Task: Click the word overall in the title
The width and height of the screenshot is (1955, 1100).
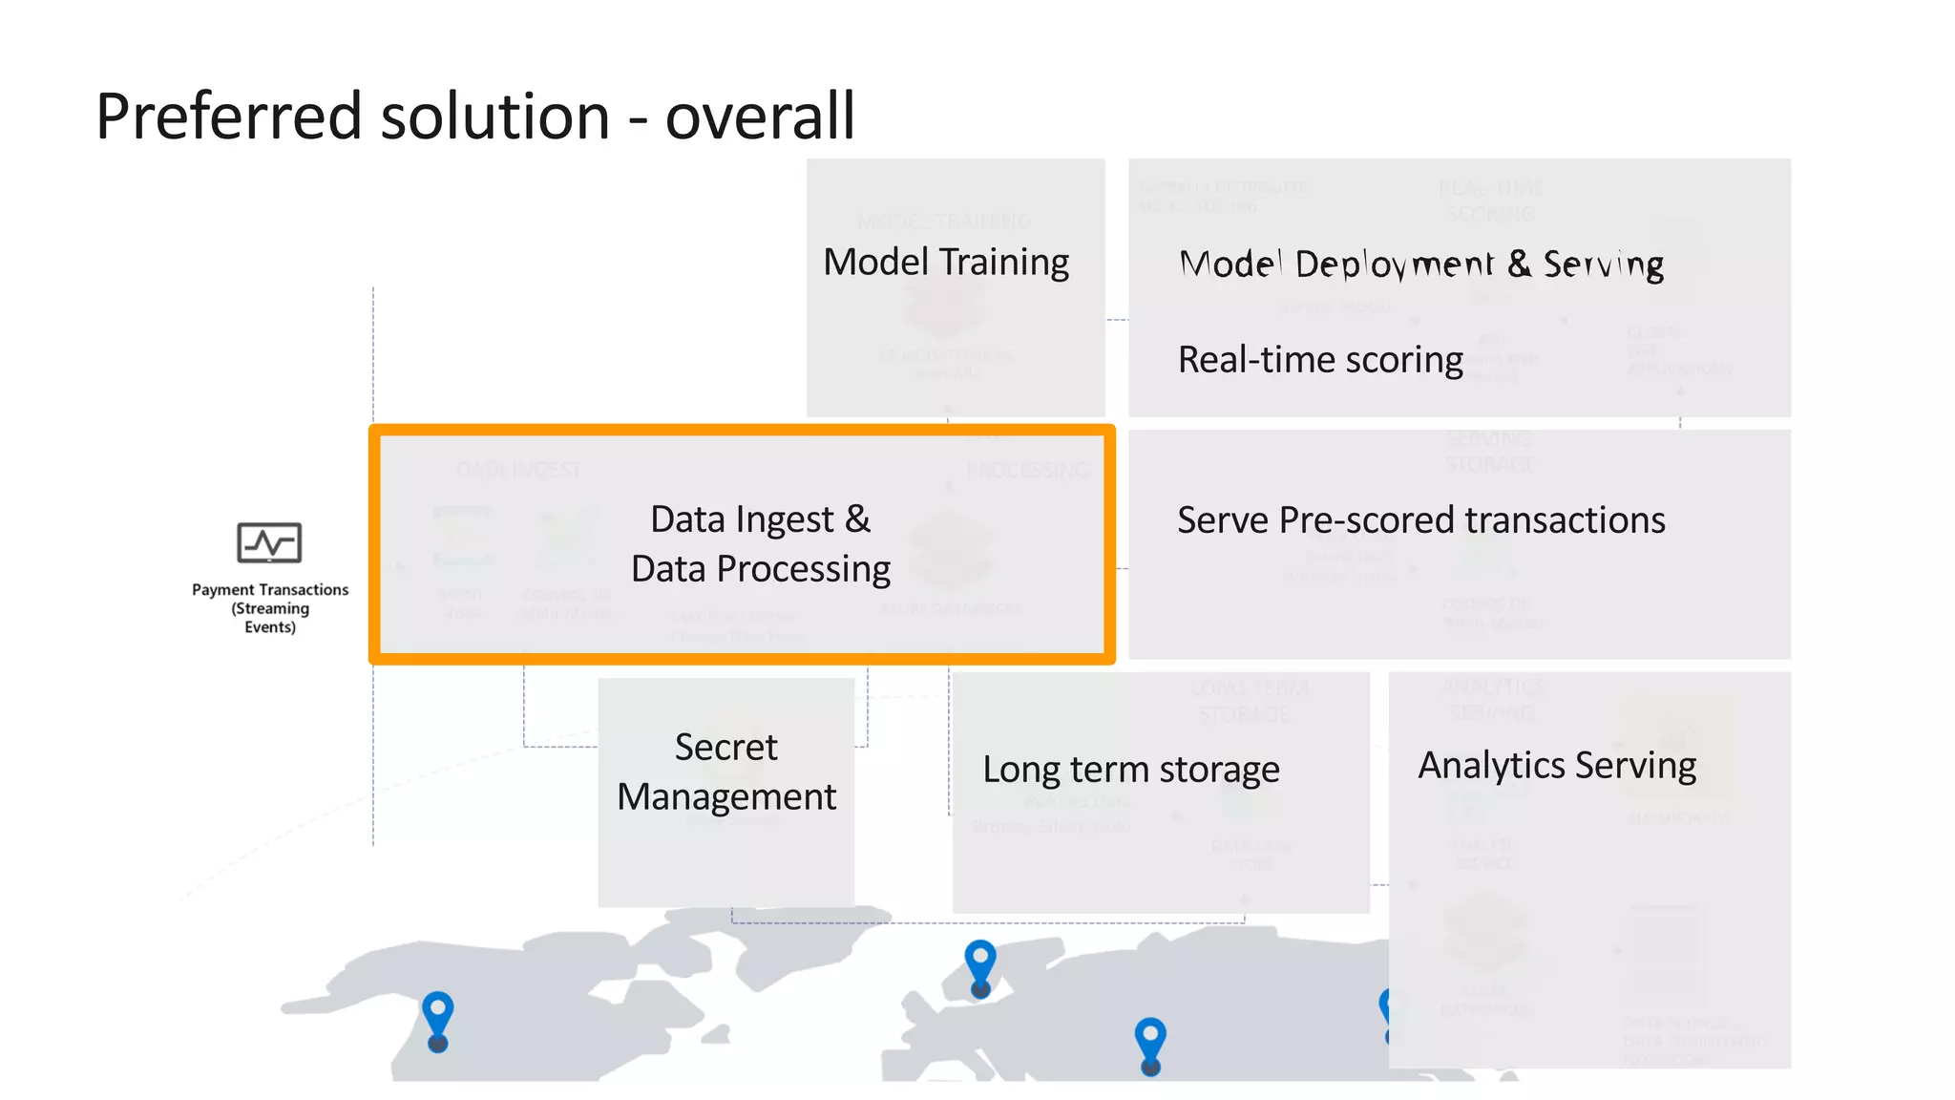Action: (760, 116)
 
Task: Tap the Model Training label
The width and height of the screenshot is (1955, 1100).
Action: (946, 262)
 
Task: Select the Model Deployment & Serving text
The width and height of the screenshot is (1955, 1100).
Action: (1421, 264)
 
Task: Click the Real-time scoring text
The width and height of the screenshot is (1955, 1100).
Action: (1320, 360)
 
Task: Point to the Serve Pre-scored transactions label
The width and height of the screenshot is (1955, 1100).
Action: (1420, 520)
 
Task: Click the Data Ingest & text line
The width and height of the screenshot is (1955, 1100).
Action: (760, 519)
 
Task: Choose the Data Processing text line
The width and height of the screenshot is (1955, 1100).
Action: (760, 569)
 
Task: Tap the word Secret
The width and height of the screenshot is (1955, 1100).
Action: (725, 747)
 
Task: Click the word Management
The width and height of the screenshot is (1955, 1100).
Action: (725, 796)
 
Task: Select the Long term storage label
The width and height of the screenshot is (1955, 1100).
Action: (1130, 770)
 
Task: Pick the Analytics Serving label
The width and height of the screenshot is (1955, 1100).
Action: (1557, 766)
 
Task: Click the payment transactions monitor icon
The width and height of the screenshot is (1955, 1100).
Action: (269, 542)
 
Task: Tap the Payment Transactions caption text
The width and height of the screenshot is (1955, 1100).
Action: (269, 590)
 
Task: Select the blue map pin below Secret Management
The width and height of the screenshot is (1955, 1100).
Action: (980, 965)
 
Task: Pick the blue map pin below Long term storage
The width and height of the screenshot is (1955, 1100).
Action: (1150, 1043)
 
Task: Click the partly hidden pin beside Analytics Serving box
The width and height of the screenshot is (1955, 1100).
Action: (1385, 1012)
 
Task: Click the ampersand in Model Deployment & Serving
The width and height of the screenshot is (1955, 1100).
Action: (1518, 264)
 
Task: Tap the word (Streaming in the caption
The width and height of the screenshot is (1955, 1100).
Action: (269, 608)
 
